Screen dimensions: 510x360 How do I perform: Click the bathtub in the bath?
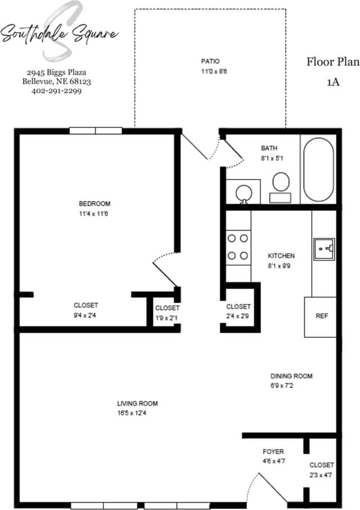coord(318,168)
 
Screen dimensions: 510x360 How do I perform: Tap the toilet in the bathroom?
coord(280,186)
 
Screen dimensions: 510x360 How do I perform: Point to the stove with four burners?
coord(238,247)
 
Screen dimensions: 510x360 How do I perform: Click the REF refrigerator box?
coord(321,316)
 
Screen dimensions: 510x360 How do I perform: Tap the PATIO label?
coord(210,61)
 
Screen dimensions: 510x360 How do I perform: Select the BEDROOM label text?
coord(94,204)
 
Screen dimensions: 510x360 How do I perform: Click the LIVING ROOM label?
coord(137,404)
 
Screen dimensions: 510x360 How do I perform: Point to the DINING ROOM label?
coord(291,376)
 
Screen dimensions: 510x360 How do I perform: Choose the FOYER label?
coord(273,451)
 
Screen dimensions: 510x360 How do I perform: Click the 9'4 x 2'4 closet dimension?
coord(85,316)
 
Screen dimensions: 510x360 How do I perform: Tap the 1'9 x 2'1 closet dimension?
coord(166,319)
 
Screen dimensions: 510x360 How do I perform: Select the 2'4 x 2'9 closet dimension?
coord(238,317)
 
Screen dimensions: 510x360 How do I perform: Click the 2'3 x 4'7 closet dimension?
coord(322,476)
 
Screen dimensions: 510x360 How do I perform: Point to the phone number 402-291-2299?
coord(57,90)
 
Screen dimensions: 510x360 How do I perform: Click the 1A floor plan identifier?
coord(333,82)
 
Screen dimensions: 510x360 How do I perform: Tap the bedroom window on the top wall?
coord(96,131)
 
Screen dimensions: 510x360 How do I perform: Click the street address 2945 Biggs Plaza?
coord(56,73)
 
